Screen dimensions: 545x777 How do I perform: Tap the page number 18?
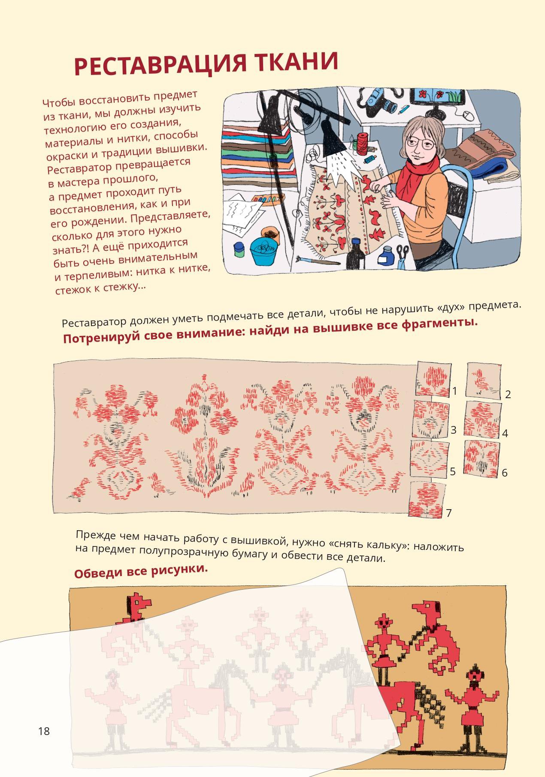44,731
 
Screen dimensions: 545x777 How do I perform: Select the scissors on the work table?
402,255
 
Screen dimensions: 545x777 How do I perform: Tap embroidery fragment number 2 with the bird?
484,380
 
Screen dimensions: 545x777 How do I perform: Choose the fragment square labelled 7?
426,499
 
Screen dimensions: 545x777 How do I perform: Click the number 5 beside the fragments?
452,471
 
